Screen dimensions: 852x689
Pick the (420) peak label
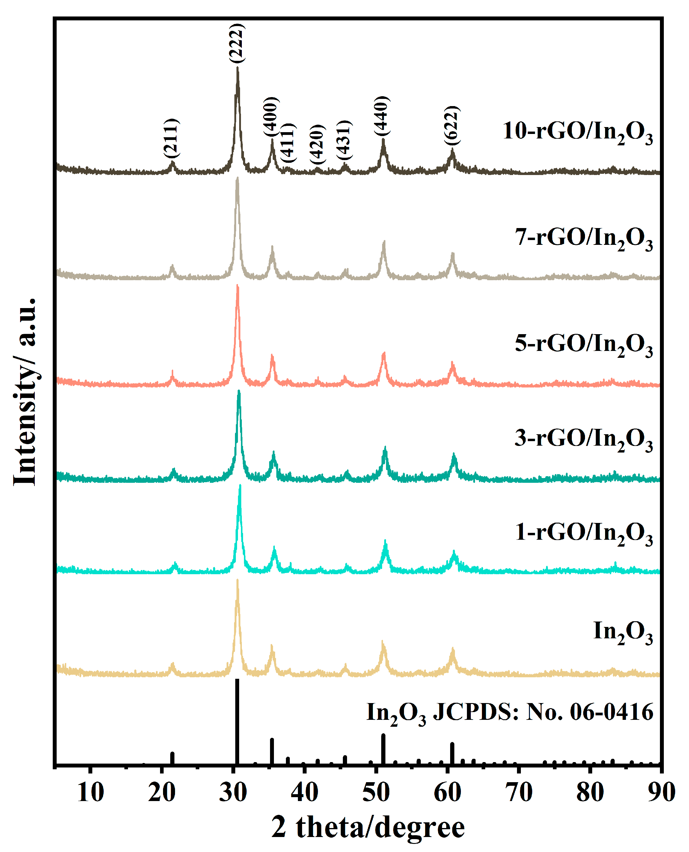click(x=317, y=144)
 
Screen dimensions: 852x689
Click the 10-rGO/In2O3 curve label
click(x=578, y=132)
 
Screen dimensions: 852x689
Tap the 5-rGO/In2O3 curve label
click(x=584, y=344)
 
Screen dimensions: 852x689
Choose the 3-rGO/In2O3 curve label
click(x=584, y=439)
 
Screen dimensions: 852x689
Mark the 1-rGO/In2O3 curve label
click(x=584, y=533)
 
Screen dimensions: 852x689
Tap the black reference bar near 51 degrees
click(x=383, y=748)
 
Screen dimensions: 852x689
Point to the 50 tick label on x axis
click(x=376, y=793)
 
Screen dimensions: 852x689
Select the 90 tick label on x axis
click(x=661, y=793)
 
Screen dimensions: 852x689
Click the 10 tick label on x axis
click(x=91, y=793)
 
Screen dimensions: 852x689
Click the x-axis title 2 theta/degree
click(x=368, y=828)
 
